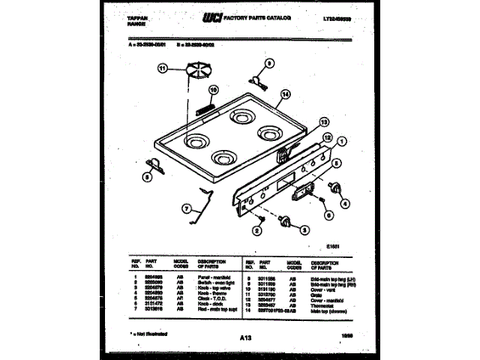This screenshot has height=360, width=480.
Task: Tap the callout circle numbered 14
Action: tap(286, 94)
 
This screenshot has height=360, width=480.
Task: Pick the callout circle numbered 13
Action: tap(323, 121)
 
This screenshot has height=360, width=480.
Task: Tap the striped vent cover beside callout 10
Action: tap(202, 109)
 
